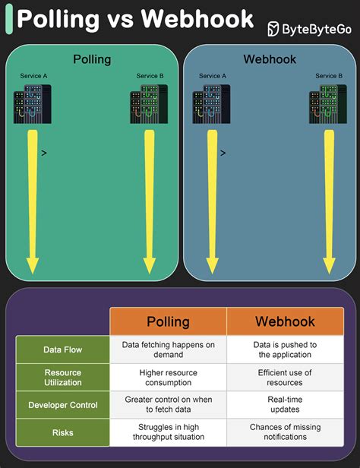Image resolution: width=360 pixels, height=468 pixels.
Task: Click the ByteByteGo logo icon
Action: (274, 29)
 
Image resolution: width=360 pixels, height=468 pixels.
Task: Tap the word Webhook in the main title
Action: (191, 18)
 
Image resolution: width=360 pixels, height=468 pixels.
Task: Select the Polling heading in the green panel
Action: (92, 59)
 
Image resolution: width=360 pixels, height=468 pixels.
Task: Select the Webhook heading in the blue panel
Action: (269, 59)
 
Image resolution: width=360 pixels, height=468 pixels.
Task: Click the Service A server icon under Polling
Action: (32, 105)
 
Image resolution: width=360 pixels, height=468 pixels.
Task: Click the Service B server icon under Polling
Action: (149, 105)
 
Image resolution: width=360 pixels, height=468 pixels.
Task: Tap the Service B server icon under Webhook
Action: (328, 105)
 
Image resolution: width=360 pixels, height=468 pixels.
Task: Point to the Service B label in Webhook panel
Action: (329, 76)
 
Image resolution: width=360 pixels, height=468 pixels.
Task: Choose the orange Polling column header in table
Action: (168, 321)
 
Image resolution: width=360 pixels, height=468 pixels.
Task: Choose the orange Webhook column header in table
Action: (285, 321)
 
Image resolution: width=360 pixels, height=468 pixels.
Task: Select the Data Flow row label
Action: (63, 349)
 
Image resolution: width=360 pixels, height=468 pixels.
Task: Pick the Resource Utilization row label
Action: (63, 378)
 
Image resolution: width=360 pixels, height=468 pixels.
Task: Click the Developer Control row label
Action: (63, 405)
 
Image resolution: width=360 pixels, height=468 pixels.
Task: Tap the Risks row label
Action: (63, 432)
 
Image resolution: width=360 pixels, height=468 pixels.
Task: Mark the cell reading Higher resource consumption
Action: (168, 378)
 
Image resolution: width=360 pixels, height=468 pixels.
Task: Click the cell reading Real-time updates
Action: (285, 405)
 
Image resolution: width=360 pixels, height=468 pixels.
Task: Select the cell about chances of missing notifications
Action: (285, 432)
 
